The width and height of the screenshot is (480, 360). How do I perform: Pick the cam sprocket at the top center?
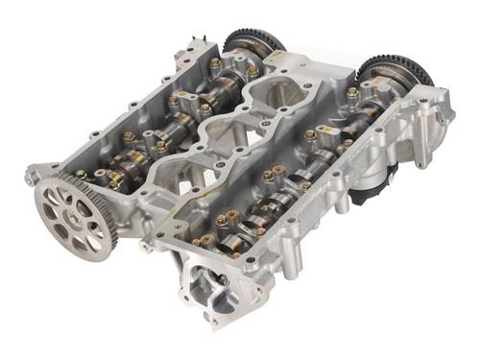click(253, 42)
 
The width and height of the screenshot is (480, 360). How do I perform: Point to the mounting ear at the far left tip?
click(31, 177)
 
